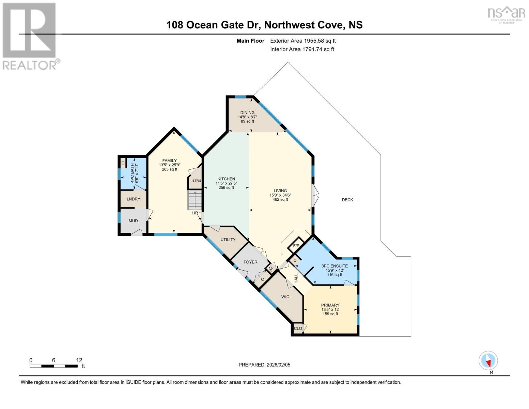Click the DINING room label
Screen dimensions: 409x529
point(247,113)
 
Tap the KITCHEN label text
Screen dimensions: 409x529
point(226,179)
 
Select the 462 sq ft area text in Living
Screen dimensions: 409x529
point(280,200)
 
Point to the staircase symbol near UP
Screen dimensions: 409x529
point(195,200)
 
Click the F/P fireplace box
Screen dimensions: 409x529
point(296,246)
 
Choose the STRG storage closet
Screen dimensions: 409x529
point(197,181)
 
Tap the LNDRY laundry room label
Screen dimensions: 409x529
point(133,199)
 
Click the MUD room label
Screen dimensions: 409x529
point(133,221)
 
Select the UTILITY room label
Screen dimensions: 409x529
point(228,240)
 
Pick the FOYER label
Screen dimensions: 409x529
point(250,262)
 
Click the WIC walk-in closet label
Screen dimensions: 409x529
point(285,297)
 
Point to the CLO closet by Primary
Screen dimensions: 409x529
point(298,329)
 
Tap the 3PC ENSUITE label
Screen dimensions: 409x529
point(334,266)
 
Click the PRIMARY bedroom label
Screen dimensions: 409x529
point(330,305)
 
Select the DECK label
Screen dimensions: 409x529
point(347,200)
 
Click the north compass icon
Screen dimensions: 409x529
point(488,361)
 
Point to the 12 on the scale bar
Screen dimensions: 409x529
point(79,360)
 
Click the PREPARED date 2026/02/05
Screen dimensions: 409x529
point(264,365)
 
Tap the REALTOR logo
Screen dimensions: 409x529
point(30,36)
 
